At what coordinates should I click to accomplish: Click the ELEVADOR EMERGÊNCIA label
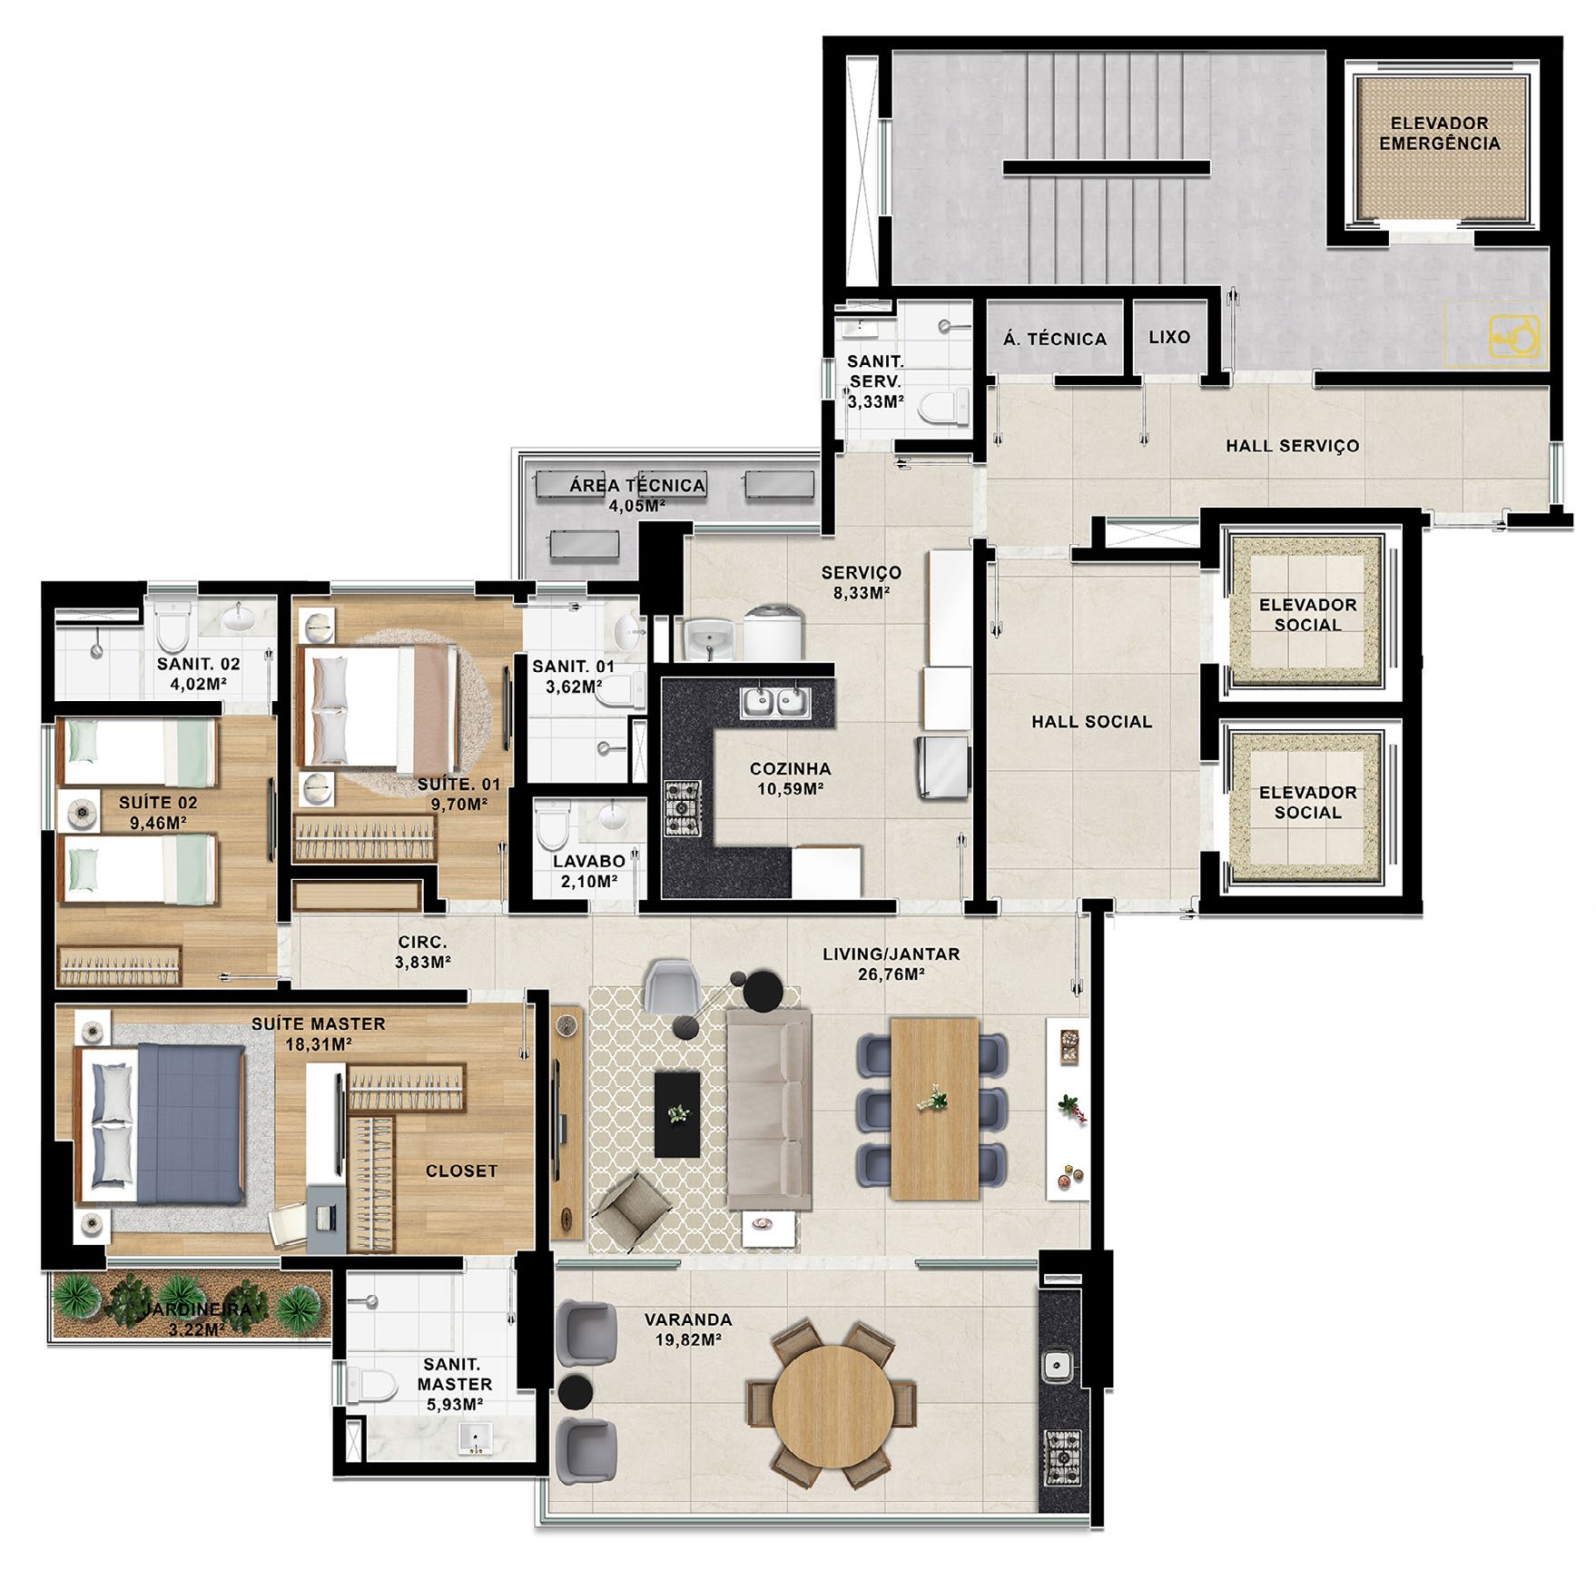click(1439, 133)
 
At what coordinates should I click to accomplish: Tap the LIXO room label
click(1169, 337)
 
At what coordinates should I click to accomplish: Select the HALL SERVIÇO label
click(1293, 446)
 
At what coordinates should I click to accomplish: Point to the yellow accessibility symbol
click(1515, 335)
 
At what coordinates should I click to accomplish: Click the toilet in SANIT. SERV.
click(944, 406)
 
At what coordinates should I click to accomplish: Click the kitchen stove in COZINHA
click(682, 808)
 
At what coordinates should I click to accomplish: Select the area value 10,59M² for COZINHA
click(791, 789)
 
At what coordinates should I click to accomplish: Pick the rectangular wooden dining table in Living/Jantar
click(934, 1109)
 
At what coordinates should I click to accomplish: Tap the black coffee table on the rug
click(677, 1114)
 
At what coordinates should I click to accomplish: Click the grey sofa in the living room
click(768, 1110)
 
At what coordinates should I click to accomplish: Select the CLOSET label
click(461, 1171)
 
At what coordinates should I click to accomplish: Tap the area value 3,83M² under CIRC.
click(423, 962)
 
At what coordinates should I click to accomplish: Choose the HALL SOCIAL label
click(1091, 722)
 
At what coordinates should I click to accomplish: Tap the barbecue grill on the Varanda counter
click(1061, 1457)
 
